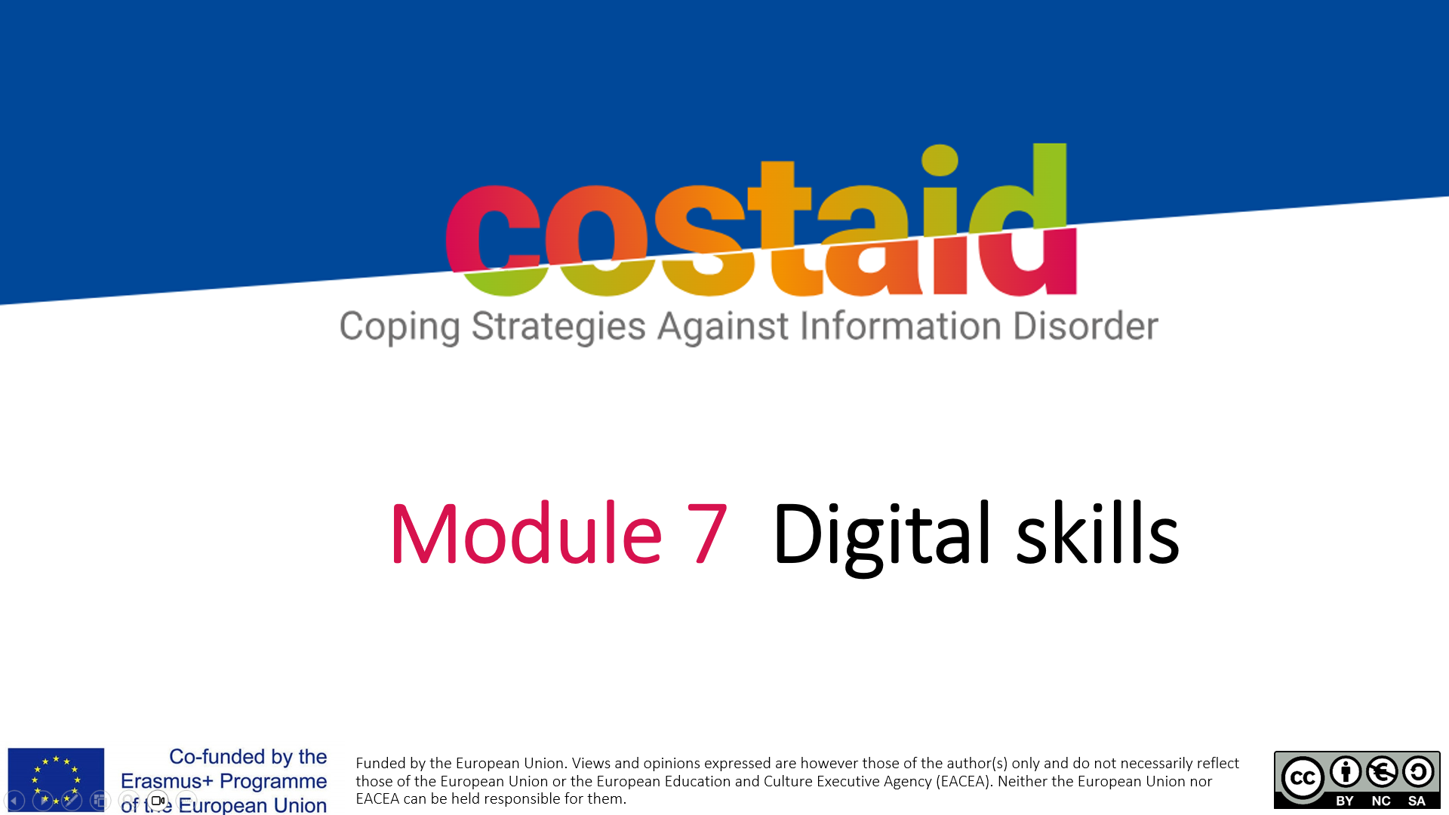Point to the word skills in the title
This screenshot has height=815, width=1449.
1097,533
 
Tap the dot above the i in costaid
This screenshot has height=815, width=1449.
940,160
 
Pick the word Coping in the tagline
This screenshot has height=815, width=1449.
399,328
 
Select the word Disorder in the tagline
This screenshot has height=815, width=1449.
1085,325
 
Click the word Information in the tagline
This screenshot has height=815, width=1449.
900,325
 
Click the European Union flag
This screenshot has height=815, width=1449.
56,780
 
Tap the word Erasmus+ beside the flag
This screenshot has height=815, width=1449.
167,781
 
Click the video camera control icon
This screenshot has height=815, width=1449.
158,801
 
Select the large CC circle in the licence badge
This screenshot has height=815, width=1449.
1303,778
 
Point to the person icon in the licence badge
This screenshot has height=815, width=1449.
1346,771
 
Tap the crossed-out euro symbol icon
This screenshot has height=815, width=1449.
1382,771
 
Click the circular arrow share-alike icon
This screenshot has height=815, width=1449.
1418,771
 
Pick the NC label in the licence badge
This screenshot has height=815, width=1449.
1381,801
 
